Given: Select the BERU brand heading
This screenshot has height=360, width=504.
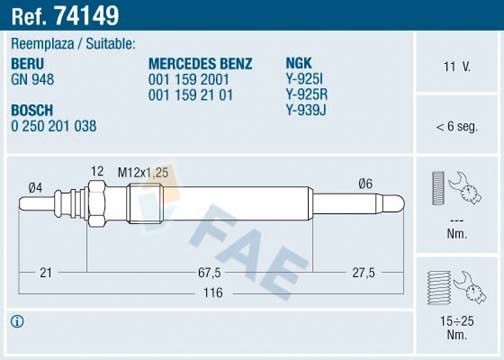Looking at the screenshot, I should coord(27,61).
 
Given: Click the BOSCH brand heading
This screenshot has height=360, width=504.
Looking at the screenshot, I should coord(31,109).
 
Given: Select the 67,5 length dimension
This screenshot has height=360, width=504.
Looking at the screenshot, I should coord(208,273).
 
